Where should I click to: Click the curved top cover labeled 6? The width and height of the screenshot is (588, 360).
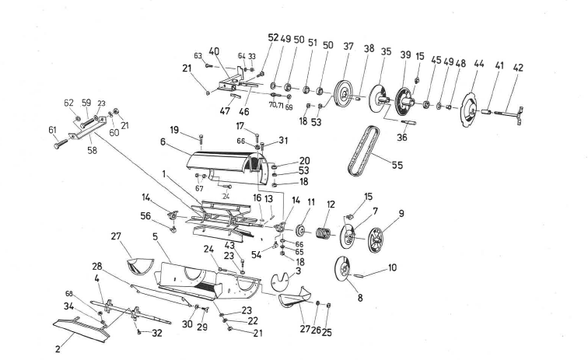pyautogui.click(x=226, y=159)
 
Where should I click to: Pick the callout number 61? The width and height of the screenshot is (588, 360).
pyautogui.click(x=53, y=131)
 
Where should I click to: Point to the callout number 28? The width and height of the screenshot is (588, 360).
pyautogui.click(x=96, y=267)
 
